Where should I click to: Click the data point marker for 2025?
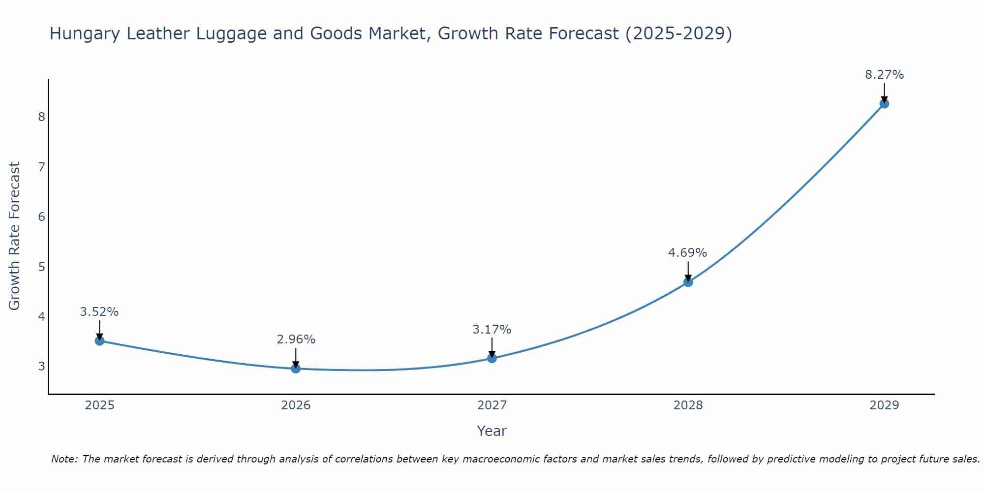pos(99,340)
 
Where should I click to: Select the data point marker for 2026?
pos(296,369)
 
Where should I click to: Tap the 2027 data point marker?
pos(492,358)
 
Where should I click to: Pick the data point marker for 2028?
pos(688,282)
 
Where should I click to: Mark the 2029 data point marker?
pos(884,104)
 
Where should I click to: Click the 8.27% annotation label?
pos(884,75)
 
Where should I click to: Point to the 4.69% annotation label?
pos(687,253)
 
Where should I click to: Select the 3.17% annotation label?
pos(492,330)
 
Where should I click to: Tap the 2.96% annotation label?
pos(296,339)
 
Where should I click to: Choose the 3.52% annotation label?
pos(99,312)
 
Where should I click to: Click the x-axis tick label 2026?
pos(296,405)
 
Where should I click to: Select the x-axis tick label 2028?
pos(688,405)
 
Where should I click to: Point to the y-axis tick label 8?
pos(41,117)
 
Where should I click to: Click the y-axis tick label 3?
pos(41,367)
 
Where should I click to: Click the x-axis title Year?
pos(492,431)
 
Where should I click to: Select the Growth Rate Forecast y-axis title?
pos(15,236)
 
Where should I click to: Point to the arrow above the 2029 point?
pos(884,92)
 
